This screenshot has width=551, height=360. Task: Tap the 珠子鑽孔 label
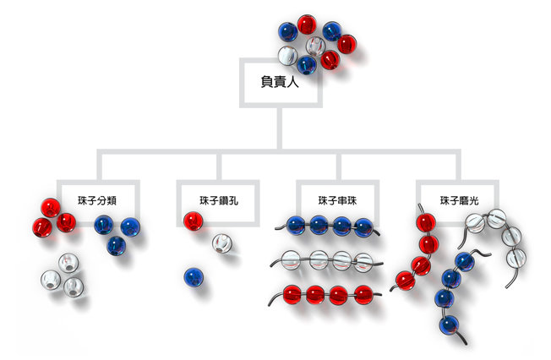(217, 200)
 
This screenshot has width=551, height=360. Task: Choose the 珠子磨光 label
(459, 200)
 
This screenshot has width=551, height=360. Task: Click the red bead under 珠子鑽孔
(194, 221)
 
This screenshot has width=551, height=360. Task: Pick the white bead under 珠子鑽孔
(222, 246)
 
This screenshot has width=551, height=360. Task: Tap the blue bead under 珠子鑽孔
(194, 276)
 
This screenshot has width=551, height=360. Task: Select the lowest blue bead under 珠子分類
(117, 246)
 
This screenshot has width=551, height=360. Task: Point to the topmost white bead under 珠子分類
(64, 264)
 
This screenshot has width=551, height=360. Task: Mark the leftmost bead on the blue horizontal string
(296, 226)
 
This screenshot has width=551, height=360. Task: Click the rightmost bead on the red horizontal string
(363, 294)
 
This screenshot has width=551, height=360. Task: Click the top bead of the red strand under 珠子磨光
(426, 224)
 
